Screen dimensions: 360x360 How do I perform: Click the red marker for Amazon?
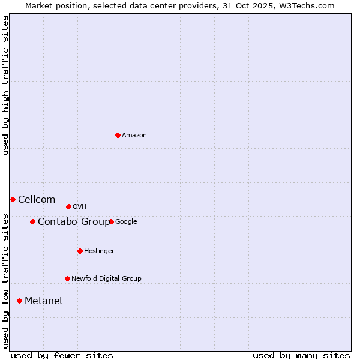tap(118, 135)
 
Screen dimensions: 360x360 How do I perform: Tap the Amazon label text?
tap(134, 135)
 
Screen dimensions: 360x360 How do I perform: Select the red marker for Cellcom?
tap(13, 199)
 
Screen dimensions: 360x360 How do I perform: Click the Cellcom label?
tap(37, 200)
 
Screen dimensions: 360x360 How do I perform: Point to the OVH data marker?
tap(68, 206)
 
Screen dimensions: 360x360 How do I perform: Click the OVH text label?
tap(80, 207)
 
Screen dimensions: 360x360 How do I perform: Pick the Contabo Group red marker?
tap(32, 221)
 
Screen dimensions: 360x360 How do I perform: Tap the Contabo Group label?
tap(74, 222)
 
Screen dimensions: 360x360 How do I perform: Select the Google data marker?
tap(111, 221)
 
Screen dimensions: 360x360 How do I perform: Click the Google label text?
tap(126, 221)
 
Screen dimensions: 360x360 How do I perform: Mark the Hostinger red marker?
tap(80, 251)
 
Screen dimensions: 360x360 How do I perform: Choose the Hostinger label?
tap(99, 251)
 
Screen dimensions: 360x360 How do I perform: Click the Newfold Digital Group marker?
tap(67, 278)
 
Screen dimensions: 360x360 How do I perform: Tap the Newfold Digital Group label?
tap(106, 278)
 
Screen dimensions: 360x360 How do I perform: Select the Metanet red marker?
tap(19, 301)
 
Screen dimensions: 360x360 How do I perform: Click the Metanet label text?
tap(44, 301)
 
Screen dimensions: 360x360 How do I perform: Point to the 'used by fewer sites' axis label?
tap(62, 355)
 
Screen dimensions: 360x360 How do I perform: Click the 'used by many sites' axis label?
tap(301, 355)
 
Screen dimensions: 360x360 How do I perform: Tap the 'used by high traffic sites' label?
tap(5, 85)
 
